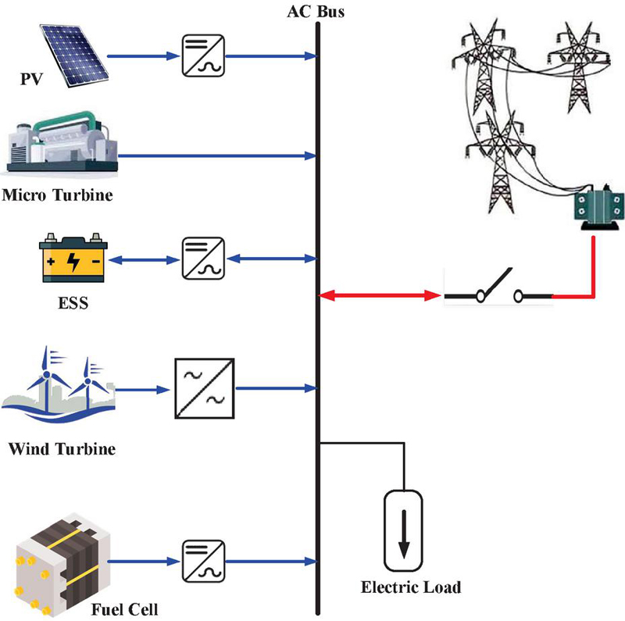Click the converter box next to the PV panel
click(202, 56)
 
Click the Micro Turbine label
click(57, 195)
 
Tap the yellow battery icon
click(73, 256)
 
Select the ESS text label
click(72, 302)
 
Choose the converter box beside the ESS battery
click(202, 257)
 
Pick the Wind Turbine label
click(62, 450)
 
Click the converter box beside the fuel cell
click(202, 561)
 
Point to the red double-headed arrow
click(380, 296)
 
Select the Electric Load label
click(410, 587)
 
